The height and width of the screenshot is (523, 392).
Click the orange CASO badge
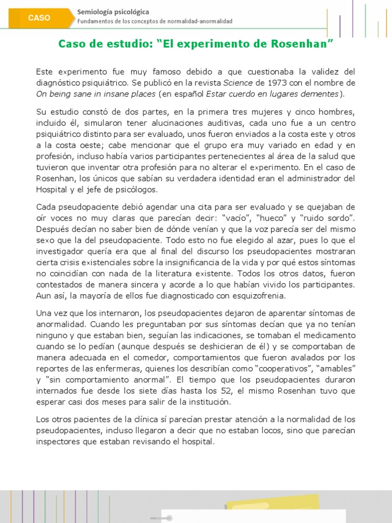tap(39, 18)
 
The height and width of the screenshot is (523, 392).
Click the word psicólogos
tap(136, 190)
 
